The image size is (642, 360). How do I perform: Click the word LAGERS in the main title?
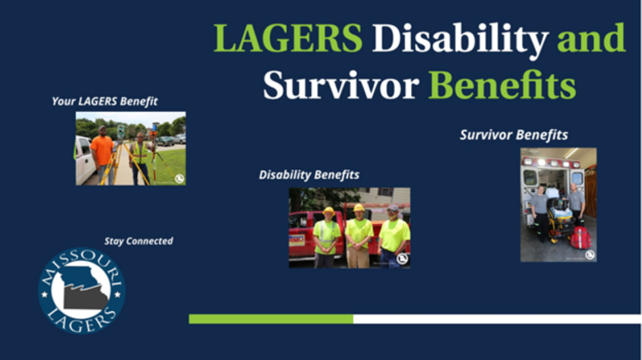point(288,38)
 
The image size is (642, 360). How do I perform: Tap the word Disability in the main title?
point(460,41)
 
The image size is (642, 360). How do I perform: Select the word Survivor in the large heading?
point(341,85)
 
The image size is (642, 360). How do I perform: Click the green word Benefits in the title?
point(502,84)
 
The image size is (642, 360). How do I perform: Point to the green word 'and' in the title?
point(591,38)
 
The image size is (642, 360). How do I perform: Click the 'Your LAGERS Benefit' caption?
point(105,101)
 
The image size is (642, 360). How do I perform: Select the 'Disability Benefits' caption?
point(309,175)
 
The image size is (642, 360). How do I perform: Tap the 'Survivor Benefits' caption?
point(514,135)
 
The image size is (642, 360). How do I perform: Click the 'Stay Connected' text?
point(138,241)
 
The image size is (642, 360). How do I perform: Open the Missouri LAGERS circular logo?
point(82,291)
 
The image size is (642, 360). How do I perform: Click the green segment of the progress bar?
point(271,319)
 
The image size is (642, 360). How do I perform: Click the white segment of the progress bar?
point(497,319)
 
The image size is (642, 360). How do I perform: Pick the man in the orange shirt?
point(102,155)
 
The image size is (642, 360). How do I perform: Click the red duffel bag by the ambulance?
point(581,238)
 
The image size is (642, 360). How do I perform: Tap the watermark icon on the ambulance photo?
point(590,255)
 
